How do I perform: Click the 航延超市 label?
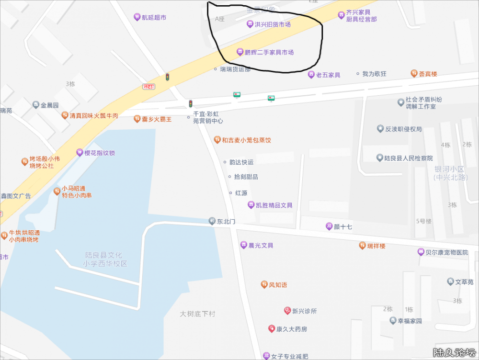[x=153, y=17]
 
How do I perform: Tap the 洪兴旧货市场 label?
[x=272, y=24]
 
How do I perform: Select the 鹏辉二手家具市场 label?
[x=269, y=52]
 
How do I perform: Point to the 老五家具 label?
[x=328, y=75]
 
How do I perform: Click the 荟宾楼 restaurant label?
[x=428, y=74]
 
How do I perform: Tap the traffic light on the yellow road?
[x=167, y=77]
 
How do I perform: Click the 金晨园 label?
[x=49, y=105]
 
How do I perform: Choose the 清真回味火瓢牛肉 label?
[x=93, y=116]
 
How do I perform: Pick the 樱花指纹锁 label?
[x=99, y=153]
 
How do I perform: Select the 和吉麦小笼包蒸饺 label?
[x=246, y=140]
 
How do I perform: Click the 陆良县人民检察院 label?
[x=408, y=158]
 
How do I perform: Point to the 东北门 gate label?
[x=226, y=221]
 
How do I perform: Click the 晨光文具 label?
[x=261, y=245]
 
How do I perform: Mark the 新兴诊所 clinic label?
[x=304, y=311]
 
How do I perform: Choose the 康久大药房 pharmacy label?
[x=291, y=329]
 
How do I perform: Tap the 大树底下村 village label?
[x=197, y=314]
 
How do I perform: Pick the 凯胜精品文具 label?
[x=274, y=205]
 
